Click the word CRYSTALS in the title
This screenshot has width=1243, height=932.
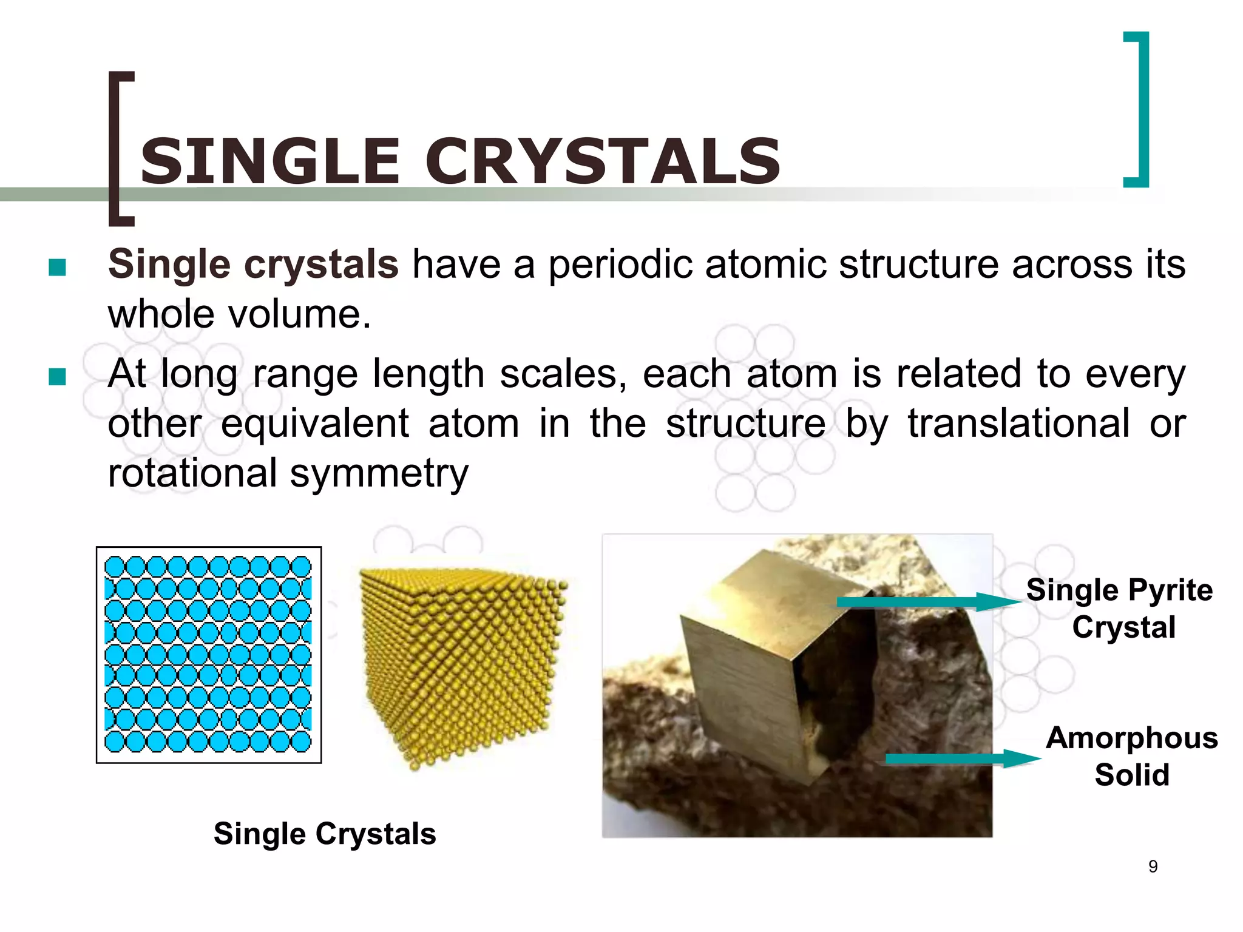603,161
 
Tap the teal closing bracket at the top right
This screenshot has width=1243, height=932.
1140,109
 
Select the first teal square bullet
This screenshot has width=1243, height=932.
57,267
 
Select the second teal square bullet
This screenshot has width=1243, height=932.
57,377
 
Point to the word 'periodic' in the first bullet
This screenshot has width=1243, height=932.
620,265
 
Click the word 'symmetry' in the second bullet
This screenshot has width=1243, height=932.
379,473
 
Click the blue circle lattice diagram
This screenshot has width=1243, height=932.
208,654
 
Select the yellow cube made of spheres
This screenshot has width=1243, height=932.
461,664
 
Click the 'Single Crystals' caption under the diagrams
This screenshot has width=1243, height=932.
325,834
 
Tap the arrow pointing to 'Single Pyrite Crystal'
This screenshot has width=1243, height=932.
929,602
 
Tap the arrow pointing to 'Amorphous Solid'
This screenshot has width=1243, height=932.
962,758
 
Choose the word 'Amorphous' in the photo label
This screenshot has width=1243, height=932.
1132,738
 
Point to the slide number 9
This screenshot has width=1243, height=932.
1153,866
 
